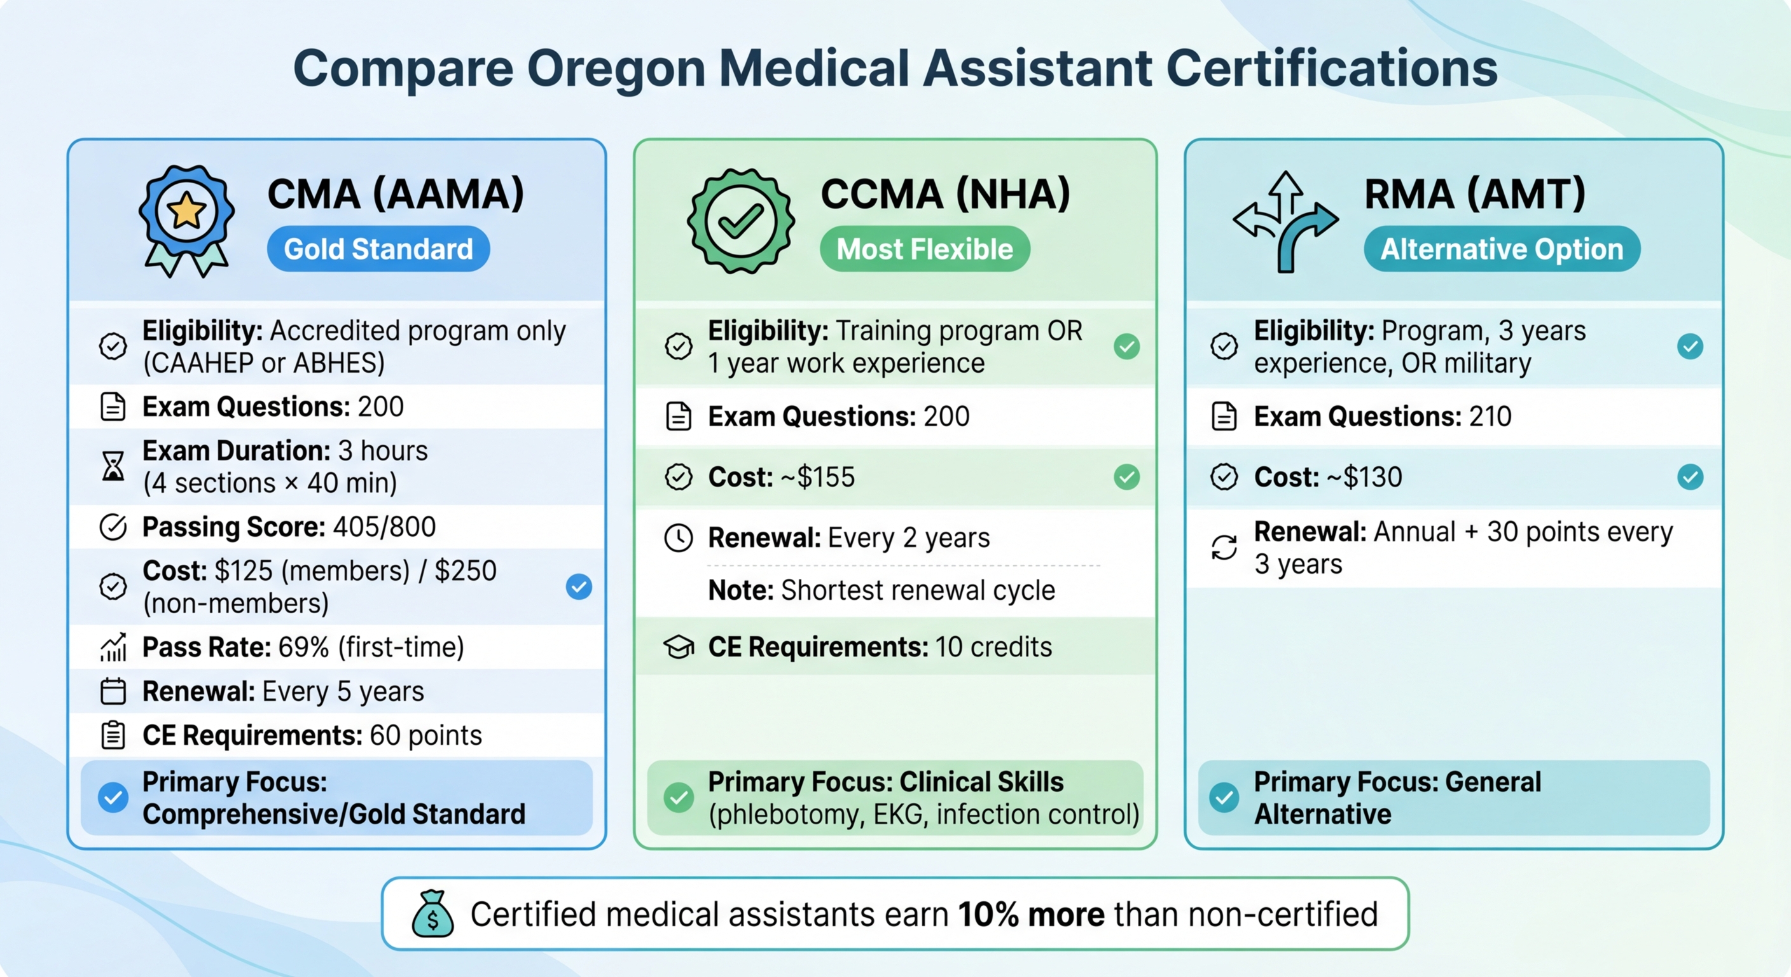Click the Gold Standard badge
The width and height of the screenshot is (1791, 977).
point(378,249)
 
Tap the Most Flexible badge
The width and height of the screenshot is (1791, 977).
point(924,249)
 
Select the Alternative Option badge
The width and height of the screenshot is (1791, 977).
point(1501,249)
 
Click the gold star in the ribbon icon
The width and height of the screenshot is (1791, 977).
point(186,211)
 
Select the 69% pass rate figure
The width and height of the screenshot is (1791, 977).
point(304,648)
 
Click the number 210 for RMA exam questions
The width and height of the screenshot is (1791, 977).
point(1490,417)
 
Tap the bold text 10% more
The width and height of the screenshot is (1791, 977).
point(1031,915)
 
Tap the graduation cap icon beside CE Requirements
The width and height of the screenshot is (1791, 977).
point(679,648)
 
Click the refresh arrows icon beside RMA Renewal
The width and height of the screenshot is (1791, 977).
point(1224,547)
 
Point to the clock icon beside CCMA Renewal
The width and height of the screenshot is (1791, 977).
point(679,538)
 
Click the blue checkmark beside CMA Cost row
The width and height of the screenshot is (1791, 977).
point(579,587)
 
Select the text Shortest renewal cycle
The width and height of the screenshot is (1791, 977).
point(918,590)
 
